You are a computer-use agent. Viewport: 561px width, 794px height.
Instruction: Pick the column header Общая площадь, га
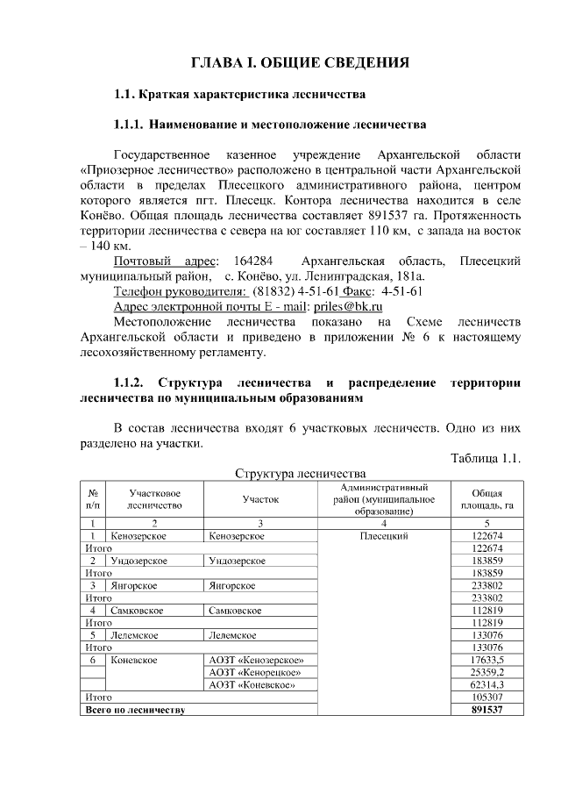tap(486, 499)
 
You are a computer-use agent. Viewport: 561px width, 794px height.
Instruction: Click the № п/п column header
tap(92, 499)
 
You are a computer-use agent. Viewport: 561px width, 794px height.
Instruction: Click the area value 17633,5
tap(486, 660)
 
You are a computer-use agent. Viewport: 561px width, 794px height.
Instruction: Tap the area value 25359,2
tap(486, 672)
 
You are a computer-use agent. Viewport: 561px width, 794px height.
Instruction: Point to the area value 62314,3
tap(486, 684)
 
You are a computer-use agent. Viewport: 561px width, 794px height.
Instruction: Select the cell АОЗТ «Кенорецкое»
tap(252, 672)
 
